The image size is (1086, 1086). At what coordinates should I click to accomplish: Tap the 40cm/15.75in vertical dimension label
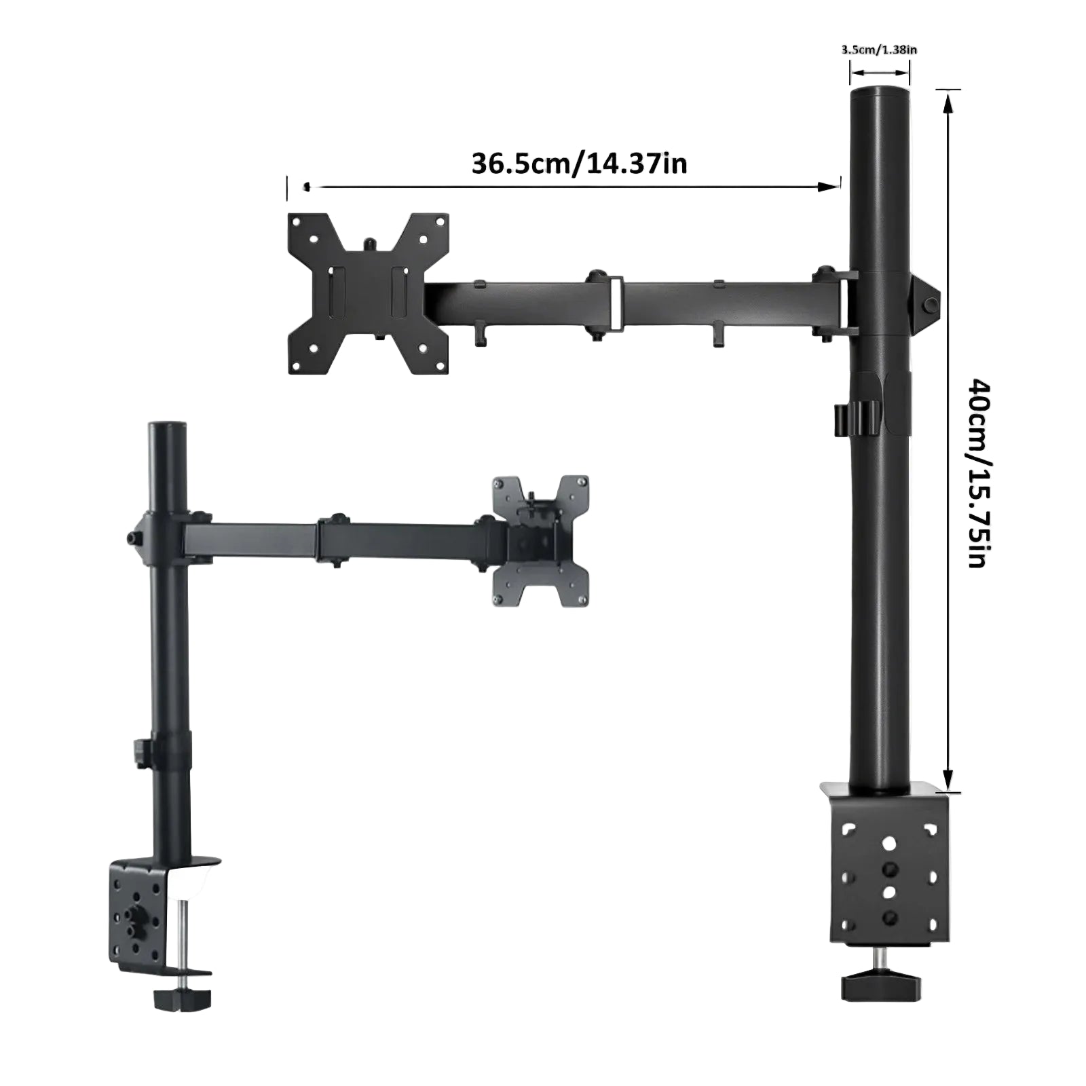[979, 473]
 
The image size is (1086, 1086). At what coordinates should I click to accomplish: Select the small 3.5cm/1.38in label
[879, 50]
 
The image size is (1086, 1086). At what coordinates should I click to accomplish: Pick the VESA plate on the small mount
[541, 542]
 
